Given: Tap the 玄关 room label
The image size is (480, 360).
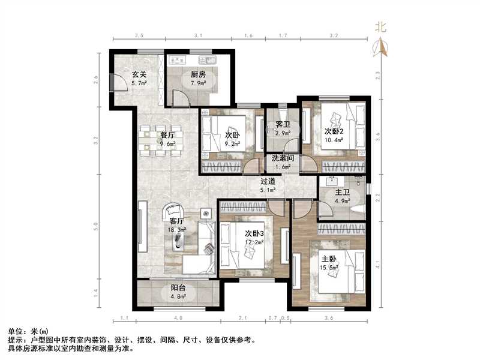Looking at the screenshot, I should pyautogui.click(x=139, y=74).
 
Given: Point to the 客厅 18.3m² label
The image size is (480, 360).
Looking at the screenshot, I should pyautogui.click(x=178, y=225).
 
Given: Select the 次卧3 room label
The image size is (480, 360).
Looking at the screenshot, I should pyautogui.click(x=255, y=233).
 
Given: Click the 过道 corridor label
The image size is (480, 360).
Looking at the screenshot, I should pyautogui.click(x=268, y=181).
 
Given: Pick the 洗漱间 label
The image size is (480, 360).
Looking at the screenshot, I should pyautogui.click(x=281, y=158).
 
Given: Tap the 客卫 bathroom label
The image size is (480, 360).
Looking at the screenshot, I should pyautogui.click(x=283, y=124).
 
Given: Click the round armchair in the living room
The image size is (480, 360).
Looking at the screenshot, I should pyautogui.click(x=173, y=211).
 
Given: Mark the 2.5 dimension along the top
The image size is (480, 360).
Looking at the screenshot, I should pyautogui.click(x=139, y=36).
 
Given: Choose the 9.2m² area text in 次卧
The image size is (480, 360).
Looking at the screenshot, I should pyautogui.click(x=232, y=144).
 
